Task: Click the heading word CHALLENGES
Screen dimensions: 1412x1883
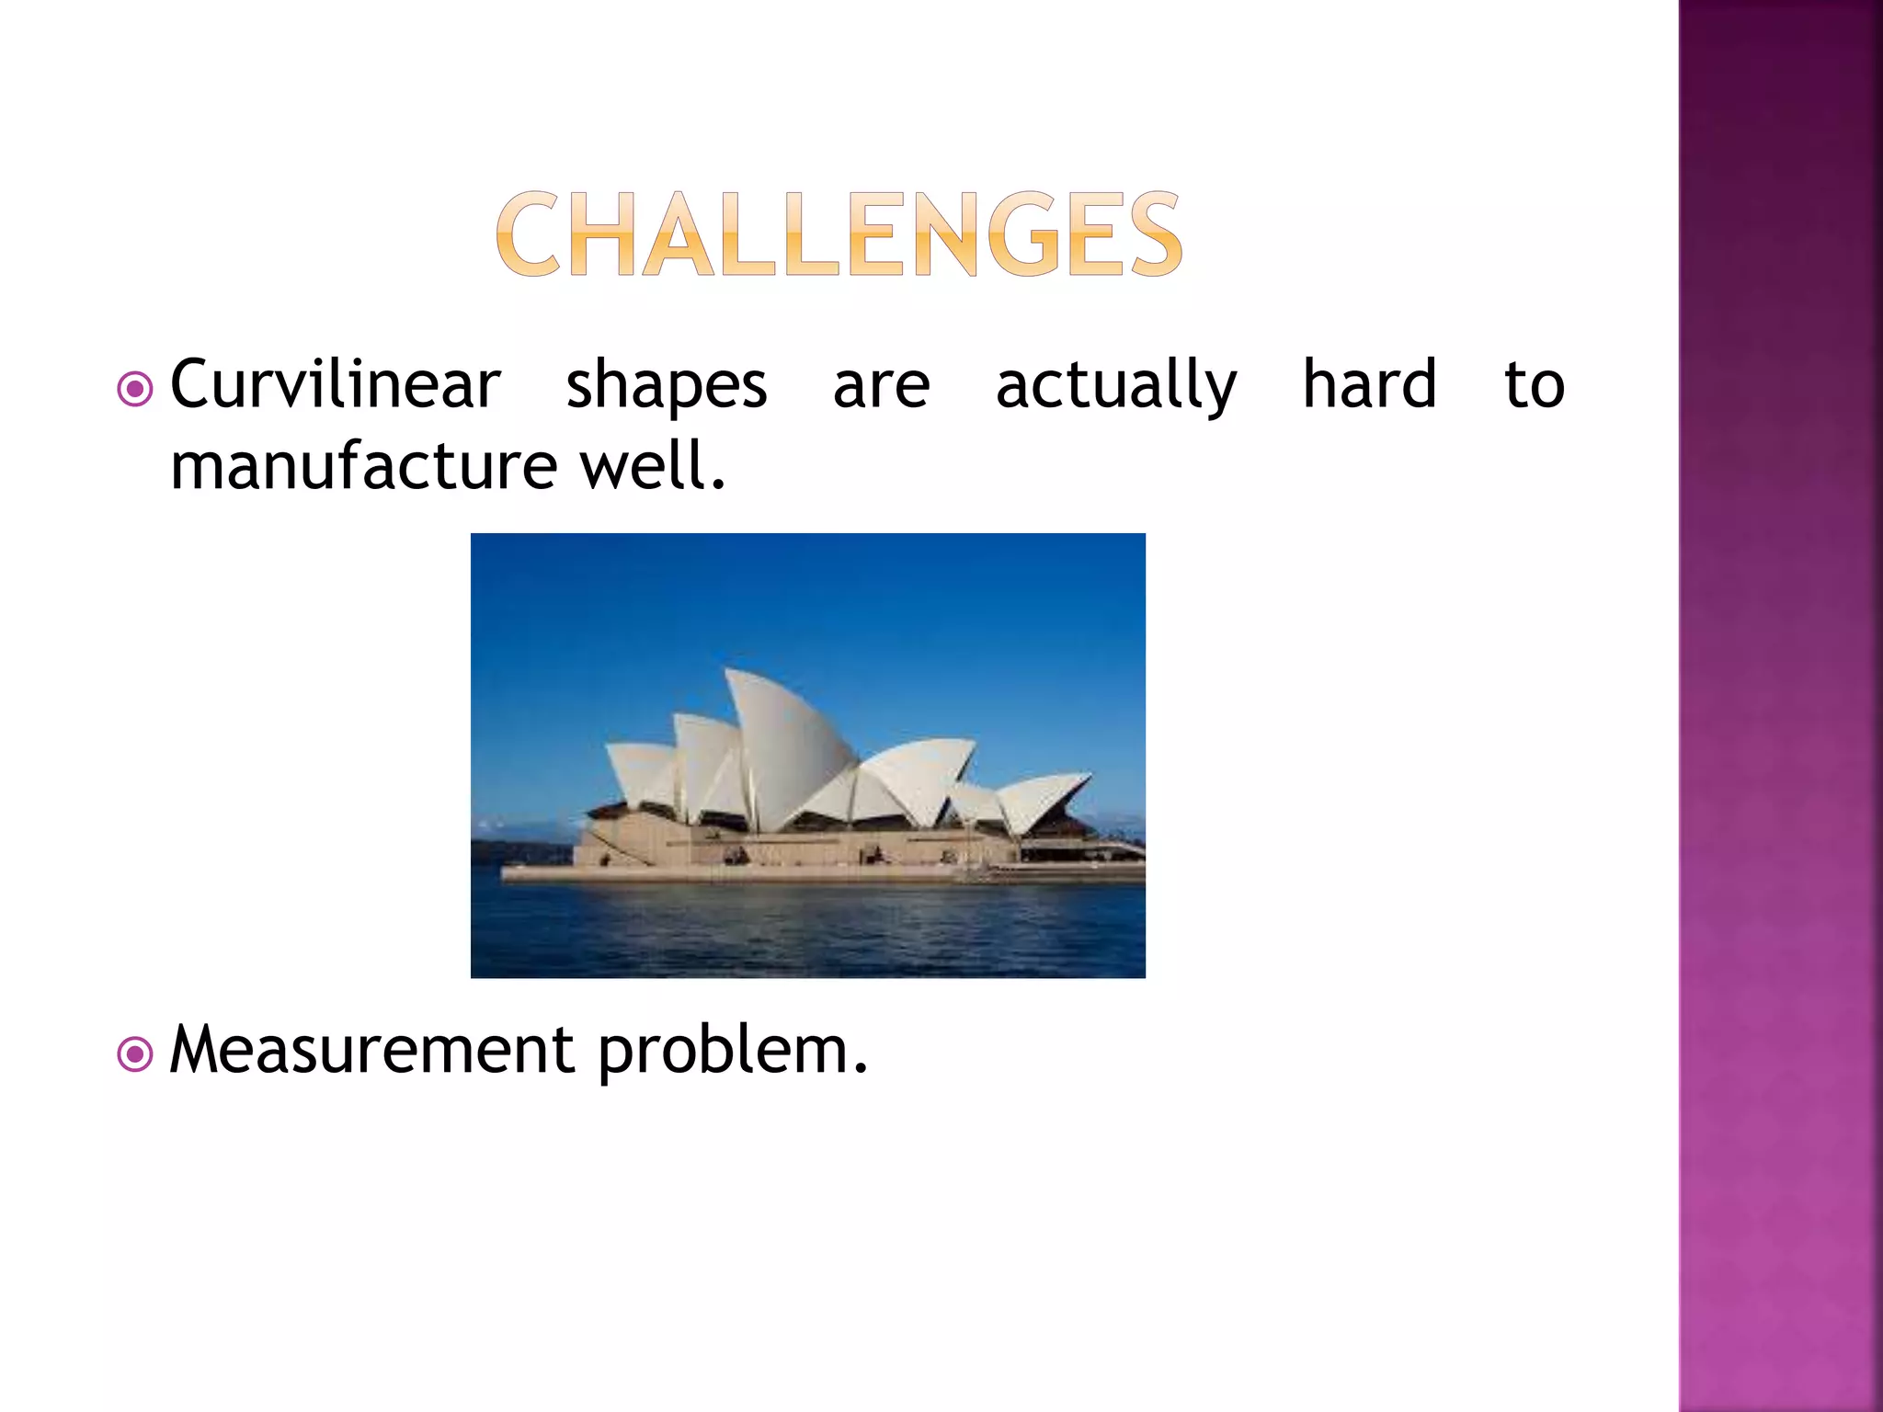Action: click(839, 234)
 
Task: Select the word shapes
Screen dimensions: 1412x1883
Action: click(666, 386)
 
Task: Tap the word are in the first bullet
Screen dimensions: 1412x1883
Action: click(881, 386)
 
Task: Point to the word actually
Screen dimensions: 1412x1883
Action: click(1116, 386)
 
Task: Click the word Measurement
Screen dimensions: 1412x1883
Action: click(372, 1050)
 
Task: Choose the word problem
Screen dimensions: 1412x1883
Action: click(733, 1052)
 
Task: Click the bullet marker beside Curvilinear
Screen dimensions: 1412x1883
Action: click(135, 390)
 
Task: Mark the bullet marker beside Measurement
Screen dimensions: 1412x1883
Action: click(135, 1055)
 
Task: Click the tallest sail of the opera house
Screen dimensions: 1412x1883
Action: click(782, 745)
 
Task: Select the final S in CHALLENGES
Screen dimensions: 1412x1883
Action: click(1155, 234)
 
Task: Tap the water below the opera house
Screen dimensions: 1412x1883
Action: click(807, 928)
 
